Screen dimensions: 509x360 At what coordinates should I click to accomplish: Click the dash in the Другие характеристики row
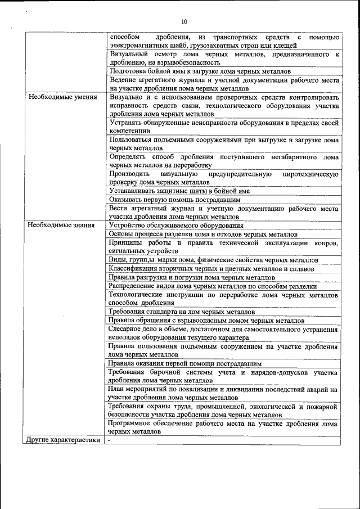(x=110, y=440)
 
